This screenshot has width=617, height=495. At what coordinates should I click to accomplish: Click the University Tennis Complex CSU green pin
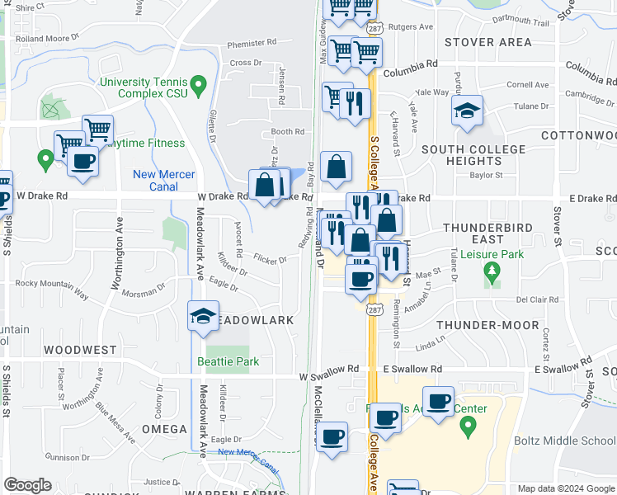point(197,85)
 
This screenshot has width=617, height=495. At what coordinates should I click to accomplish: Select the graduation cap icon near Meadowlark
point(203,317)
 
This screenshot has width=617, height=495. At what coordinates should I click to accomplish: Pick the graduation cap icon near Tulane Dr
point(467,111)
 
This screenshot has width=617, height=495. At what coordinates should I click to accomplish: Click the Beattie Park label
point(228,361)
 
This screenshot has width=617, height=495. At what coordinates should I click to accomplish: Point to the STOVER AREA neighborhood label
point(487,41)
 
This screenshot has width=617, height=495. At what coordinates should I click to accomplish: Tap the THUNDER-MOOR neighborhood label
point(481,325)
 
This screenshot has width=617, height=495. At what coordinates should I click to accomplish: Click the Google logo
point(27,485)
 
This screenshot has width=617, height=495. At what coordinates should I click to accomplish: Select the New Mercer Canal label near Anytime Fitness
point(164,180)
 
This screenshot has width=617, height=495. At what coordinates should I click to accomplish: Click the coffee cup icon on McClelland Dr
point(332,436)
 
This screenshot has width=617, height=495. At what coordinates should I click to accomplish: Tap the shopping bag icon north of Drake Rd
point(336,167)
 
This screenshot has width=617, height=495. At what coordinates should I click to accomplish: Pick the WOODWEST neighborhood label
point(80,350)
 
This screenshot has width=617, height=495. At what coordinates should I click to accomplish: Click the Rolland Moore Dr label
point(46,37)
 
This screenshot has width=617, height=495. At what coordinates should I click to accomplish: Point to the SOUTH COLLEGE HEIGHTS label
point(473,155)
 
